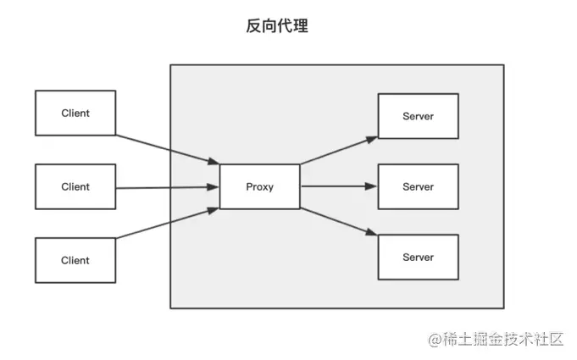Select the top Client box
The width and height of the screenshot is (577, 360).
coord(75,113)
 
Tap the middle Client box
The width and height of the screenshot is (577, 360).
coord(75,186)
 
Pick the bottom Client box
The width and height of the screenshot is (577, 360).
coord(75,260)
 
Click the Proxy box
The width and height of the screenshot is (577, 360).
coord(259,186)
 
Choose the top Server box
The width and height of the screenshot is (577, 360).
coord(418,116)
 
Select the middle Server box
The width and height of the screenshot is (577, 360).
coord(418,186)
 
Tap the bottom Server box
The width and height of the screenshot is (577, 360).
coord(418,257)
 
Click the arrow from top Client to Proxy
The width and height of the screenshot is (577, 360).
coord(167,149)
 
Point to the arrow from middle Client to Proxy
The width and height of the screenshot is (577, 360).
coord(167,187)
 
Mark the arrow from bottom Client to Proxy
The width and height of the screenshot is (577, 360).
coord(167,225)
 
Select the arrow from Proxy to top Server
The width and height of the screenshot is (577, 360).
coord(337,149)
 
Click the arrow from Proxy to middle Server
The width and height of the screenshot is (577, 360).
coord(337,186)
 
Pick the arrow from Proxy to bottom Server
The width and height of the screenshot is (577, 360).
coord(337,223)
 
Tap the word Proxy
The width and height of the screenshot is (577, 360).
coord(259,186)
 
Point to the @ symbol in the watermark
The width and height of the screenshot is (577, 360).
coord(435,341)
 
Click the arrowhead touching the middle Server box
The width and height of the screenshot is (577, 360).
coord(372,186)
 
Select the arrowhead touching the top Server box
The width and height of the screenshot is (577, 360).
coord(371,136)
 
